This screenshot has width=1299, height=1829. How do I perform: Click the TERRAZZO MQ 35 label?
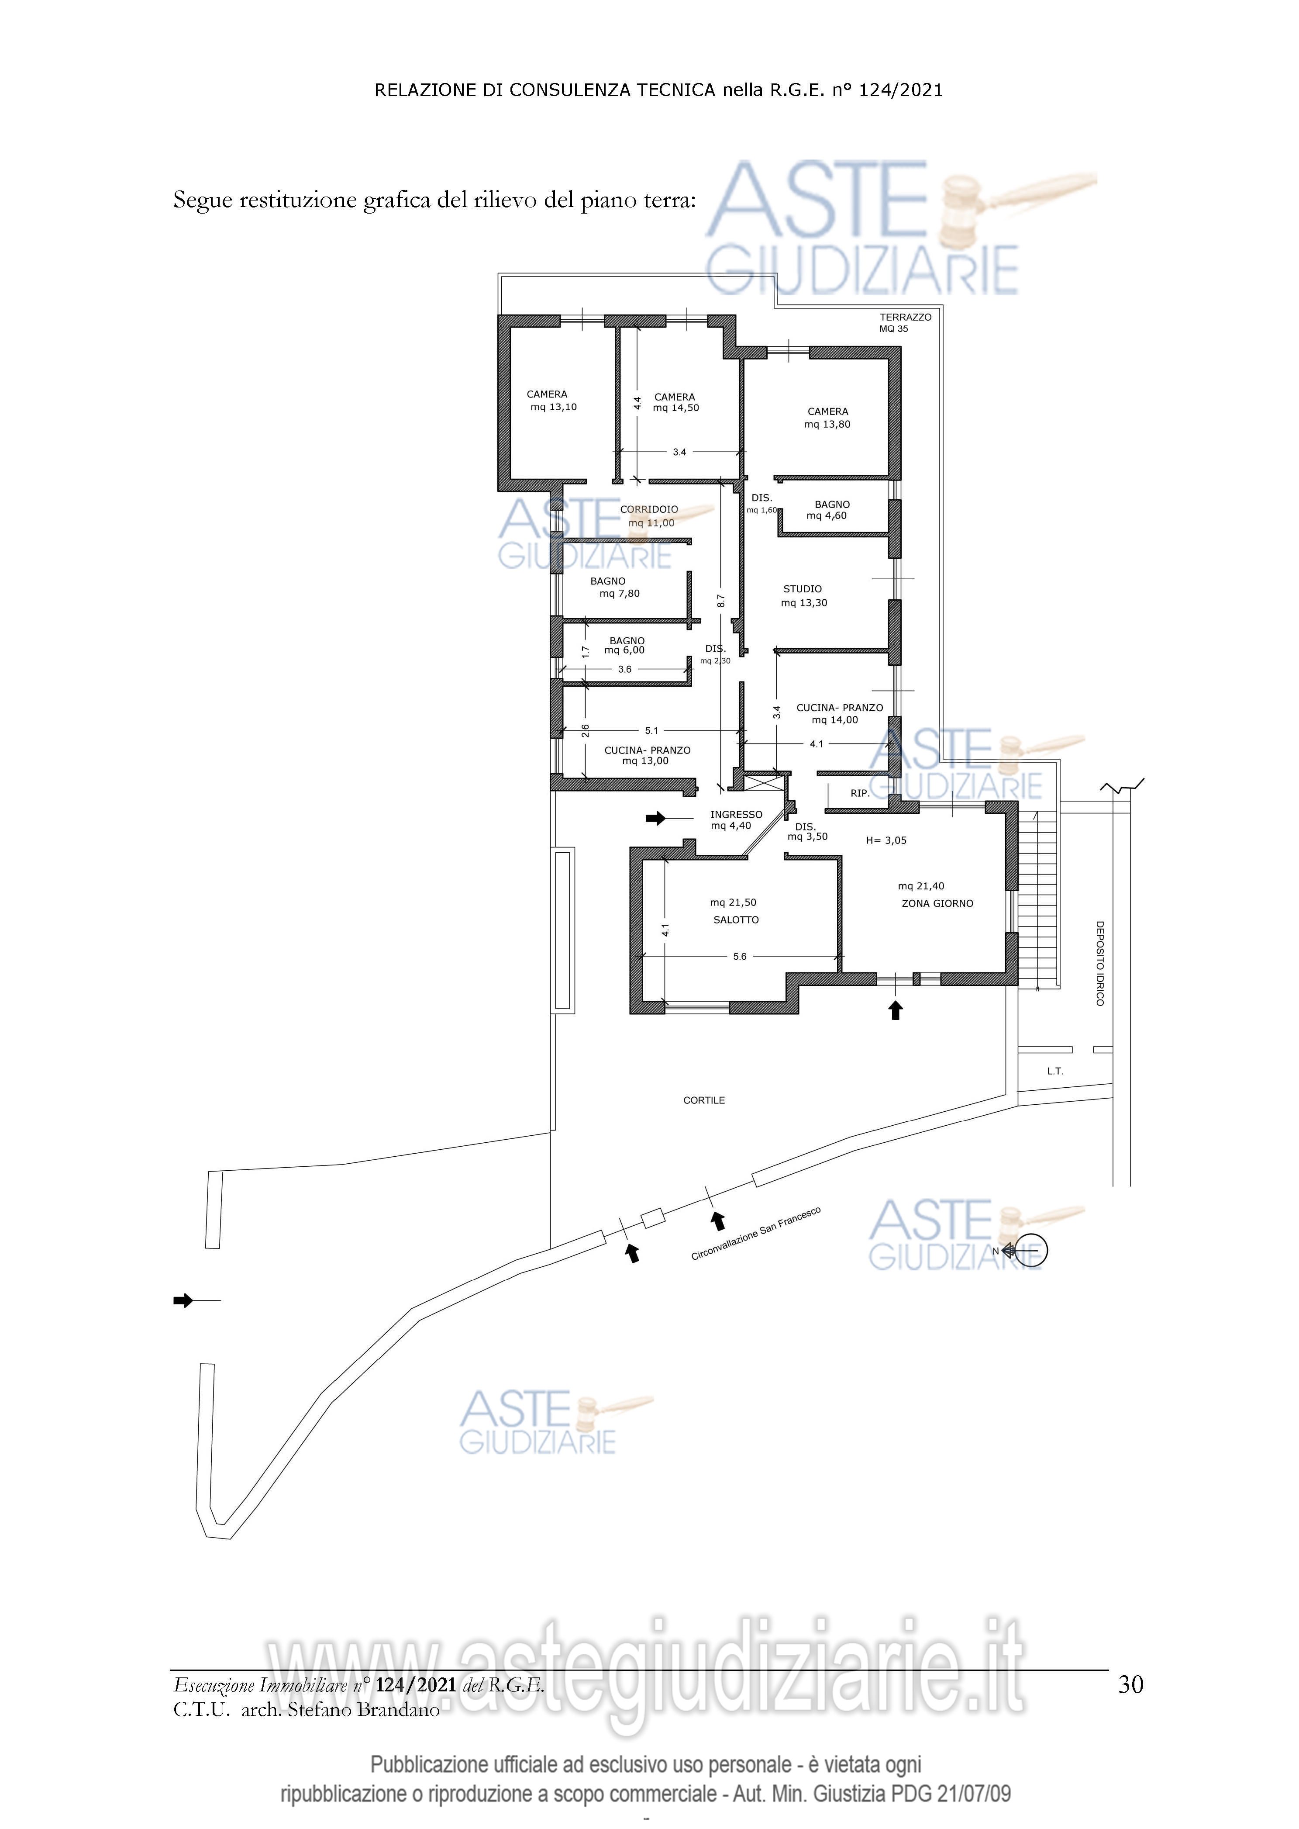906,322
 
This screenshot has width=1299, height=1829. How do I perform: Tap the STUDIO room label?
802,589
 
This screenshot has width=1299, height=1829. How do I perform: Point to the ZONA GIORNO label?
937,903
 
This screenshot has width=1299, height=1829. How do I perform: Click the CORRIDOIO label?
649,509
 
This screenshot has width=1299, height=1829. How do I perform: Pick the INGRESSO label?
736,815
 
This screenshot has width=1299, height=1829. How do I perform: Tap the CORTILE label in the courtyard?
704,1100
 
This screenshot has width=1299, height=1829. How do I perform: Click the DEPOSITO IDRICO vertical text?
1100,963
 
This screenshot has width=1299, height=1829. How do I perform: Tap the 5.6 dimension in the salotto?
740,956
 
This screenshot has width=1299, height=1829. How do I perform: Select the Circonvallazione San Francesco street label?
756,1234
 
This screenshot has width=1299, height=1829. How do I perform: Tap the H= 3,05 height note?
886,840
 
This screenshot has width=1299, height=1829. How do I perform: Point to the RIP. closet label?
860,793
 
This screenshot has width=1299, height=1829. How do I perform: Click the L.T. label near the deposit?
1055,1071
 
